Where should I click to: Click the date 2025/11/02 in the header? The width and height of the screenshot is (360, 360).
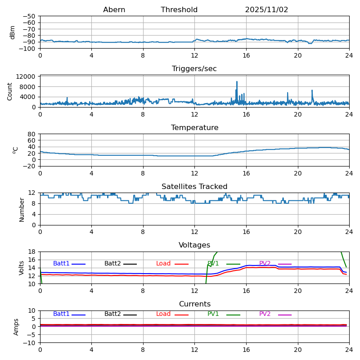[266, 10]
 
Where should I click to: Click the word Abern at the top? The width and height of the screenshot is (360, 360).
[114, 10]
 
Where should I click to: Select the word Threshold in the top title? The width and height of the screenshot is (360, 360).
[179, 10]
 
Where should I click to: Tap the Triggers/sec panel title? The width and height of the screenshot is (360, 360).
[194, 69]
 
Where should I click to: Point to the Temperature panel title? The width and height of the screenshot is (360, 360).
[194, 128]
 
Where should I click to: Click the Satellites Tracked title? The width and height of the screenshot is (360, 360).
[194, 187]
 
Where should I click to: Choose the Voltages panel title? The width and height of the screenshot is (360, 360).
[194, 245]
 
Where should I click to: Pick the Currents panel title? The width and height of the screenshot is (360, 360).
[194, 304]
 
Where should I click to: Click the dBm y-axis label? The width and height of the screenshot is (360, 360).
[13, 32]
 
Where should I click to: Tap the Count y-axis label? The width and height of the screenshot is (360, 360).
[10, 91]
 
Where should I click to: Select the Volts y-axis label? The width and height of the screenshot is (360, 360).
[22, 268]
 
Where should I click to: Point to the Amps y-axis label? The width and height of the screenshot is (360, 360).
[16, 327]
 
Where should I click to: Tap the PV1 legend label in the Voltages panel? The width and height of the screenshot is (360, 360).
[213, 264]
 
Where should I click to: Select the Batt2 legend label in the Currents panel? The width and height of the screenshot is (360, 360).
[112, 314]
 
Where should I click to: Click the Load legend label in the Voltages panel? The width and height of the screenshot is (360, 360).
[163, 264]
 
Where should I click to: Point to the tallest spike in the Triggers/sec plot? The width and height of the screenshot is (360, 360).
[237, 82]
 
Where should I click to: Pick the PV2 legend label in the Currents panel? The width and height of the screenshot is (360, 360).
[265, 314]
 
